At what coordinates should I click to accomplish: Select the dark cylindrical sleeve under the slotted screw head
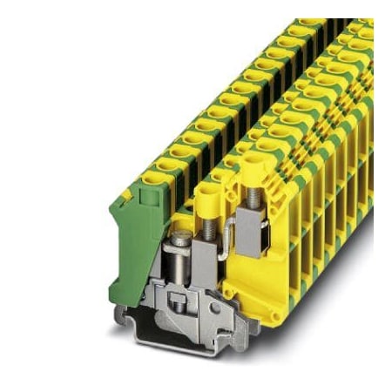[181, 259]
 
